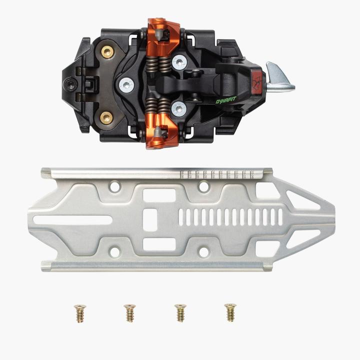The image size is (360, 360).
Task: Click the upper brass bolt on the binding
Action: pos(106,51)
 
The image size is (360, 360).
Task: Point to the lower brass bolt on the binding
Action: pos(106,118)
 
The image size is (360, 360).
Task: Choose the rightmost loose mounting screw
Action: pos(230,312)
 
